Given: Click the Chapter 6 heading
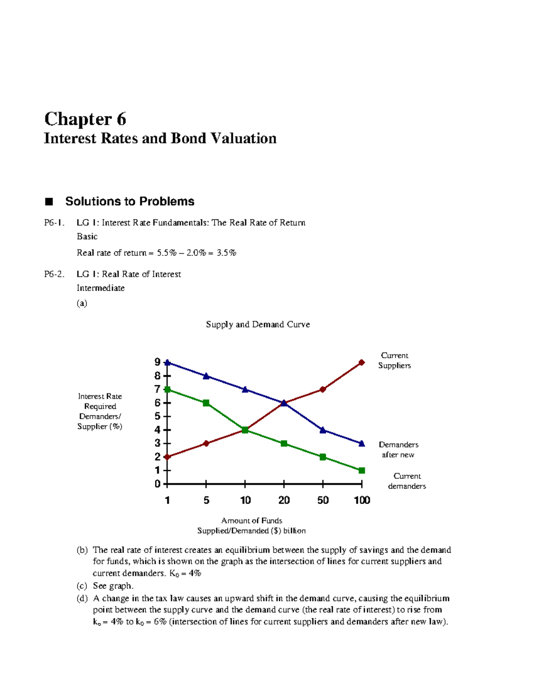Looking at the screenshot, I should pyautogui.click(x=85, y=119).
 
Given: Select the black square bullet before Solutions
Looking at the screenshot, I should pyautogui.click(x=49, y=202).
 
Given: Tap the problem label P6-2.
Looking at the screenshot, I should pyautogui.click(x=54, y=274).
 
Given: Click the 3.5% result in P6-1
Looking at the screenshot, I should pyautogui.click(x=227, y=253).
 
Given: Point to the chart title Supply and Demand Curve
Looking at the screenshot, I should pyautogui.click(x=258, y=324).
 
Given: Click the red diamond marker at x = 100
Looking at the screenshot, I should pyautogui.click(x=361, y=363).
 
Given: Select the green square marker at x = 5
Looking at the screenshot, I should pyautogui.click(x=206, y=403).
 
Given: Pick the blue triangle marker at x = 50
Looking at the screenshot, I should pyautogui.click(x=323, y=430).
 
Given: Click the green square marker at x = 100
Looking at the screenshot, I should pyautogui.click(x=361, y=470).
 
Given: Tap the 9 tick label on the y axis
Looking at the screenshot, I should pyautogui.click(x=158, y=362).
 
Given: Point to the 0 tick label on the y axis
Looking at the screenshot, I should pyautogui.click(x=158, y=484).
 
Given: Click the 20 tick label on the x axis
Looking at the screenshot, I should pyautogui.click(x=284, y=500).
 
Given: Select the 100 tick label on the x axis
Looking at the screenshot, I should pyautogui.click(x=362, y=500).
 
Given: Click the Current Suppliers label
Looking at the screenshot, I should pyautogui.click(x=394, y=360).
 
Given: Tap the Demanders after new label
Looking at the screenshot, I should pyautogui.click(x=398, y=449).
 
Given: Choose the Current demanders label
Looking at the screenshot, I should pyautogui.click(x=407, y=481).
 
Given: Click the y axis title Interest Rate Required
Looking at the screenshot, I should pyautogui.click(x=100, y=401).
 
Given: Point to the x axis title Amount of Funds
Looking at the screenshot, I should pyautogui.click(x=251, y=521).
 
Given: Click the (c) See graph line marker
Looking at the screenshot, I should pyautogui.click(x=81, y=586).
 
